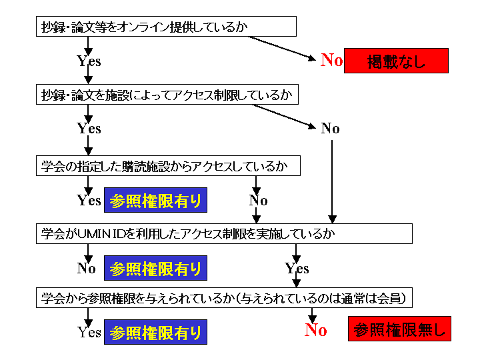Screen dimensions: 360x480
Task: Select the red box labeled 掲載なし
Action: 396,61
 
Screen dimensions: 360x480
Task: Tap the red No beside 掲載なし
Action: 331,61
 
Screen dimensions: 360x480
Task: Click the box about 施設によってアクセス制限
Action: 167,95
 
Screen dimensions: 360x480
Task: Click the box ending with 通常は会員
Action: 224,297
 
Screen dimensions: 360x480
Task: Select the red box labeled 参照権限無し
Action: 399,329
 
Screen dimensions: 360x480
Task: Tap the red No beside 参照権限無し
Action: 316,329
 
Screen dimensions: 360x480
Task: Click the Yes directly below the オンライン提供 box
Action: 89,61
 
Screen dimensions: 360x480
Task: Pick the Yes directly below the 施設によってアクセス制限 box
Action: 89,129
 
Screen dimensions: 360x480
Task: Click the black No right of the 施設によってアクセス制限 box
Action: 330,129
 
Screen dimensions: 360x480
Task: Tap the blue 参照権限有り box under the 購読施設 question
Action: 155,200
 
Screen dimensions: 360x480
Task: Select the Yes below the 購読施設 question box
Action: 89,200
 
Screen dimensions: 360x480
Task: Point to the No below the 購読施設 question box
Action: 258,201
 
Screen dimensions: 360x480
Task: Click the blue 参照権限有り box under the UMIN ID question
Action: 155,268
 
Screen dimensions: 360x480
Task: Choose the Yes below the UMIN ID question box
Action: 297,269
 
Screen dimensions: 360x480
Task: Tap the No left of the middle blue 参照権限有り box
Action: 87,268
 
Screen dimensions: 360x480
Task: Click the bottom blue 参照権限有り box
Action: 155,332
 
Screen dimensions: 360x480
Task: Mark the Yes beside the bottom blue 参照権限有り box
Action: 89,332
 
